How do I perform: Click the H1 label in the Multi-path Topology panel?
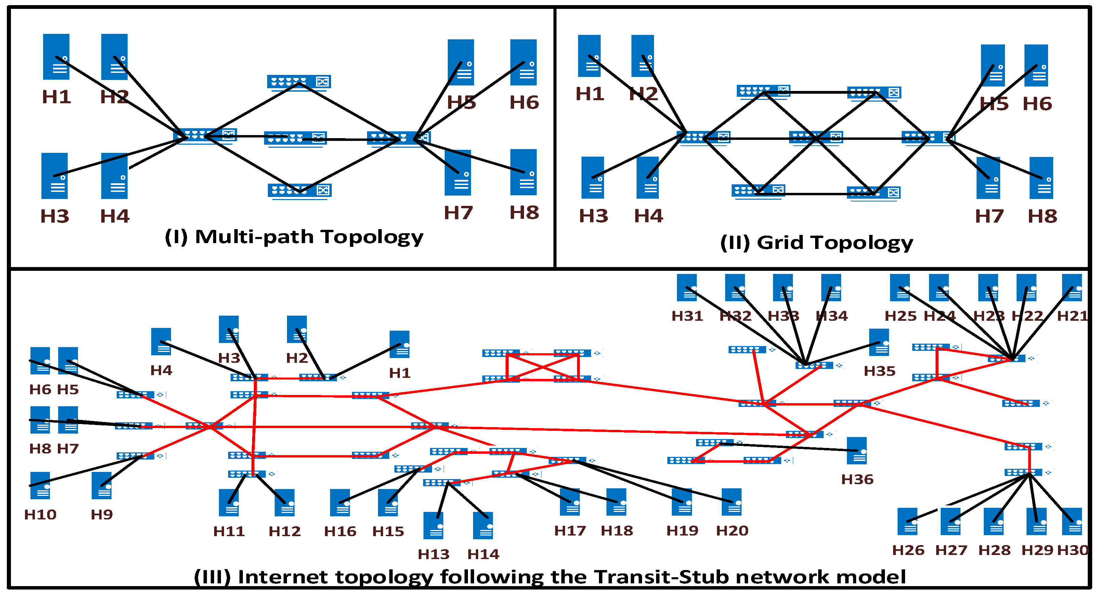(56, 97)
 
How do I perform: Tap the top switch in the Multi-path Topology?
(299, 82)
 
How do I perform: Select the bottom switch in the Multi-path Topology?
(300, 190)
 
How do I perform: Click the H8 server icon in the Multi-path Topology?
(523, 172)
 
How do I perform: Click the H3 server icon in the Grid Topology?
(592, 177)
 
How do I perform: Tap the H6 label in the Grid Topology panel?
(1037, 104)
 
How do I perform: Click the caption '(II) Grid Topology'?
(816, 242)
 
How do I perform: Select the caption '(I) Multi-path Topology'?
(294, 237)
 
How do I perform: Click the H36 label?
(857, 479)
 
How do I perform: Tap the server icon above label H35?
(879, 342)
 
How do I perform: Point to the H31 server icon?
(687, 288)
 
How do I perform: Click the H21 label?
(1072, 316)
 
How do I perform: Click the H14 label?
(483, 554)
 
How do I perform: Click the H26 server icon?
(907, 521)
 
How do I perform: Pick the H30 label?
(1072, 550)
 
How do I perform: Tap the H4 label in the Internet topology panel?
(161, 370)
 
